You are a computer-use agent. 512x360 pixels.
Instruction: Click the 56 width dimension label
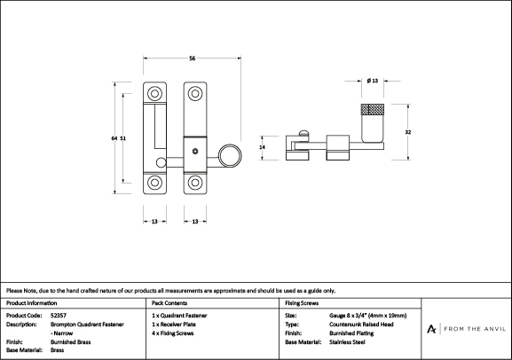pos(192,59)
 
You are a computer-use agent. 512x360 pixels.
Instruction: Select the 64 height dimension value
pos(114,138)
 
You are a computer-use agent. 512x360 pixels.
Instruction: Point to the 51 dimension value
pos(122,138)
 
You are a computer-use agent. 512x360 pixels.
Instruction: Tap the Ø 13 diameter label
pos(373,81)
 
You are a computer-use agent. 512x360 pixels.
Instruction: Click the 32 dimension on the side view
pos(408,132)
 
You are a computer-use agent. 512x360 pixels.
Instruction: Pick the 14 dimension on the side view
pos(262,147)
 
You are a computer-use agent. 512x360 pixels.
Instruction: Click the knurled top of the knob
pos(373,109)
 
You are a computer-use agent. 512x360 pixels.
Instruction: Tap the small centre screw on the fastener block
pos(195,152)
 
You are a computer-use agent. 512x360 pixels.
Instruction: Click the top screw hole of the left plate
pos(154,94)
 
